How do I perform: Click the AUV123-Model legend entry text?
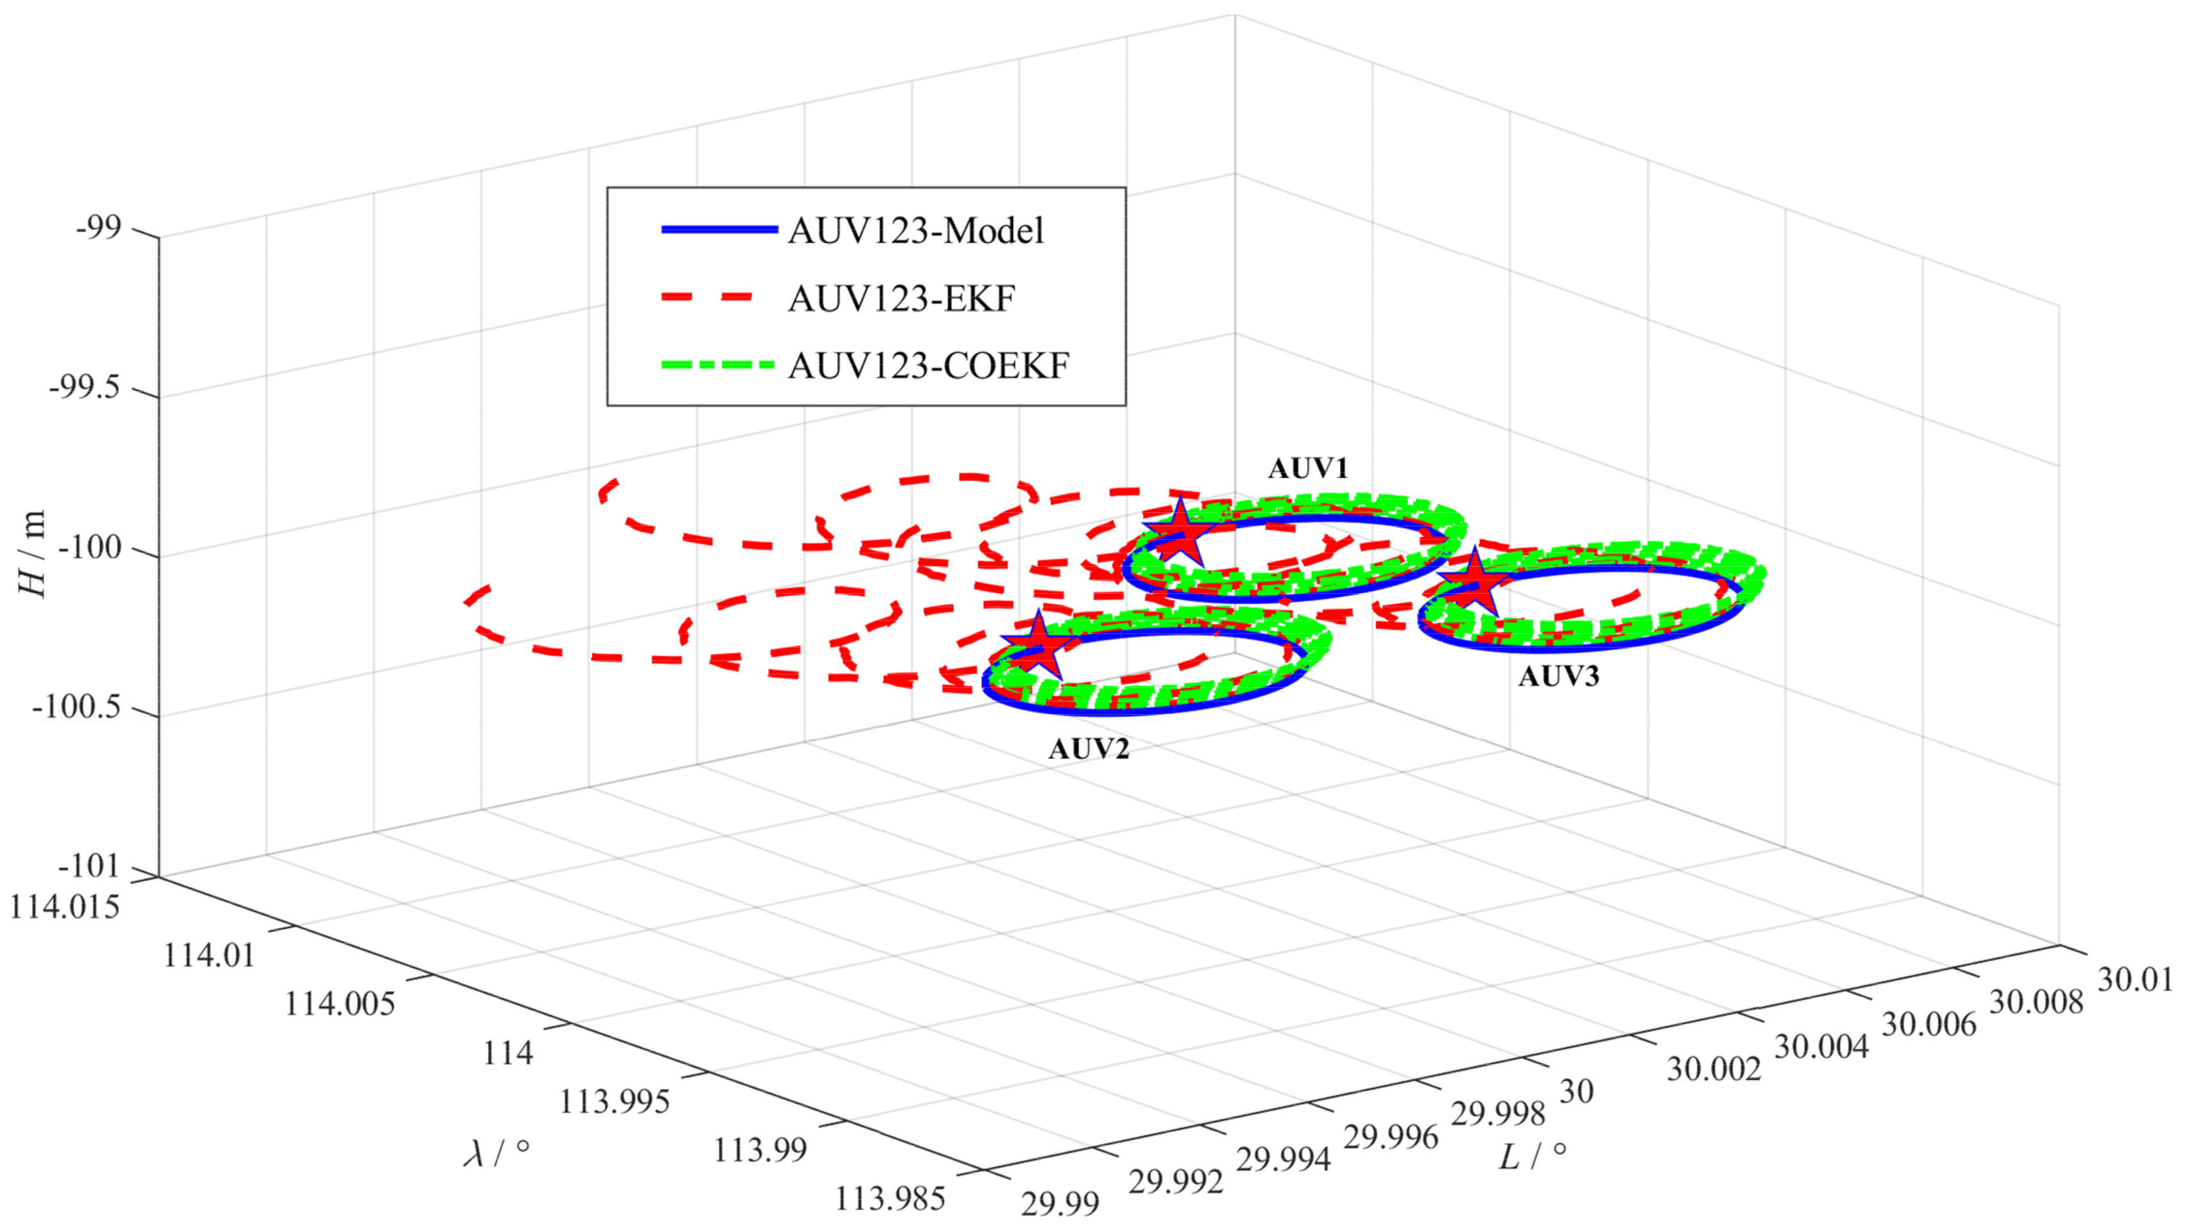click(915, 231)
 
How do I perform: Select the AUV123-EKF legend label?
click(901, 299)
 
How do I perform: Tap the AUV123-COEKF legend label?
click(928, 365)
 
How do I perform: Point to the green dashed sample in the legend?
click(719, 365)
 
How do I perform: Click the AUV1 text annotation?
click(1307, 468)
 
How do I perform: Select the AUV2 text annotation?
click(1089, 749)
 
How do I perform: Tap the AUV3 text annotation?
click(1558, 676)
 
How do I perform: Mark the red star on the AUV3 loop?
click(1474, 583)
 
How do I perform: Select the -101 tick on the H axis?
click(90, 866)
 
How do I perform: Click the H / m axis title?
click(32, 555)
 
